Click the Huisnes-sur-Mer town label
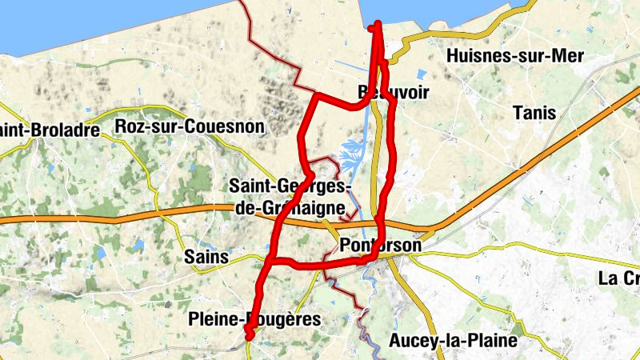(516, 56)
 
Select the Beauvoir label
(394, 93)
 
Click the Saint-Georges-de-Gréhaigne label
(290, 197)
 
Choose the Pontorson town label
(380, 246)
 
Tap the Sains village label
(206, 258)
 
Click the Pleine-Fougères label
(254, 320)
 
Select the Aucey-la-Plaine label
(453, 341)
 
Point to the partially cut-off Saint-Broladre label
(50, 130)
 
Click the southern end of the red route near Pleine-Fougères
(249, 336)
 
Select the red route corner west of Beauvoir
(317, 97)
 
